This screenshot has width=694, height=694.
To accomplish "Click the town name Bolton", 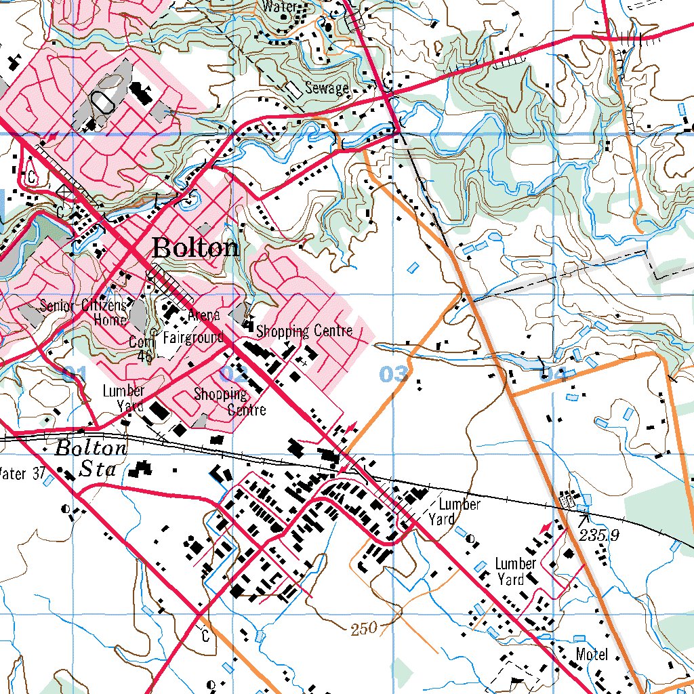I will (195, 248).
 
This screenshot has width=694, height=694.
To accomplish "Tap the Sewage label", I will (327, 88).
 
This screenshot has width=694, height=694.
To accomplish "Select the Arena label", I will (204, 315).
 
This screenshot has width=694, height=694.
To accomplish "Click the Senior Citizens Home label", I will (83, 312).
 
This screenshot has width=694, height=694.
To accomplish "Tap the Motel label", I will (592, 655).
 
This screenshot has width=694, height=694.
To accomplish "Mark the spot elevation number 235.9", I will (600, 535).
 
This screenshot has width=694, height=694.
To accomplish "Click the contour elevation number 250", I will (365, 630).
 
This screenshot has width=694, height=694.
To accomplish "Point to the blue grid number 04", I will (552, 374).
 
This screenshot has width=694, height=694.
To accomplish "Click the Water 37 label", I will (22, 472).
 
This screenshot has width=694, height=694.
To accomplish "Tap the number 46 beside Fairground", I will (144, 356).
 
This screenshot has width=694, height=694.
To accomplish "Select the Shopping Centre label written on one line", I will (304, 331).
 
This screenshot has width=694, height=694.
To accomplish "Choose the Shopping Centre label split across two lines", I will (228, 401).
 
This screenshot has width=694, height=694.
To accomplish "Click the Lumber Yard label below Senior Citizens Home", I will (123, 399).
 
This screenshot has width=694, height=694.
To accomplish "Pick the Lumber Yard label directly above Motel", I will (515, 571).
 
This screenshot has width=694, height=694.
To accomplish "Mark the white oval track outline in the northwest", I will (104, 102).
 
